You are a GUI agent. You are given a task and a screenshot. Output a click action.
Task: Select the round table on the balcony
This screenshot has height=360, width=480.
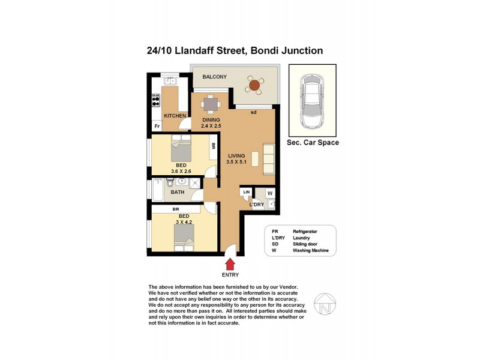254,86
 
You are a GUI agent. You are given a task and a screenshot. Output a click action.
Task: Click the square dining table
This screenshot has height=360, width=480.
211,104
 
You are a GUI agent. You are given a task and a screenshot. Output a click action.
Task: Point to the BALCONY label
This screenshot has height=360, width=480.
214,77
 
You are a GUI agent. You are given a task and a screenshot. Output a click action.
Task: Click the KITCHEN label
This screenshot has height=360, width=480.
175,116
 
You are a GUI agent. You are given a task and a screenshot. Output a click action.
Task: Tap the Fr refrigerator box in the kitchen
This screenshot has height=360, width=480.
157,126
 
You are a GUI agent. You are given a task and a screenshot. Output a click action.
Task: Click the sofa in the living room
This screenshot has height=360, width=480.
268,159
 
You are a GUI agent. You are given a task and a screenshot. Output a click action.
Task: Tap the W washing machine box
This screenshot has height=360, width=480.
270,193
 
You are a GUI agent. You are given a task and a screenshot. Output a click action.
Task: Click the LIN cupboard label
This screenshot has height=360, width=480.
245,192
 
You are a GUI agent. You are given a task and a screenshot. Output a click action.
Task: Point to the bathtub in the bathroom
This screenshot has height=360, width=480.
157,192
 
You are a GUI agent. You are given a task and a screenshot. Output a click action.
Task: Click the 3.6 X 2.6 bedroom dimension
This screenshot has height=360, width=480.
181,172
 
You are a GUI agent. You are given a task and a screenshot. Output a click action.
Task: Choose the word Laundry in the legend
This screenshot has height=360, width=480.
302,238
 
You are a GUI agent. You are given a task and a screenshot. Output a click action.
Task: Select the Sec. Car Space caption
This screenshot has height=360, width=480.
313,143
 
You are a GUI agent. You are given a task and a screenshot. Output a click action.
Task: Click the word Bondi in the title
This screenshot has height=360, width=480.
263,50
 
